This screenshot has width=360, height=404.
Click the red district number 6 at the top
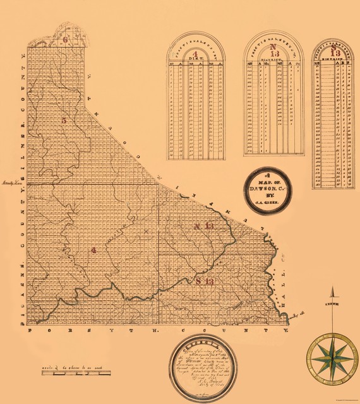[x=65, y=39]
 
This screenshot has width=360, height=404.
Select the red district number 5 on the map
[x=64, y=120]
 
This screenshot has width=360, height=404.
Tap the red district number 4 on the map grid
[x=93, y=250]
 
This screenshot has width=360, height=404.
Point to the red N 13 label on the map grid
[x=205, y=226]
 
